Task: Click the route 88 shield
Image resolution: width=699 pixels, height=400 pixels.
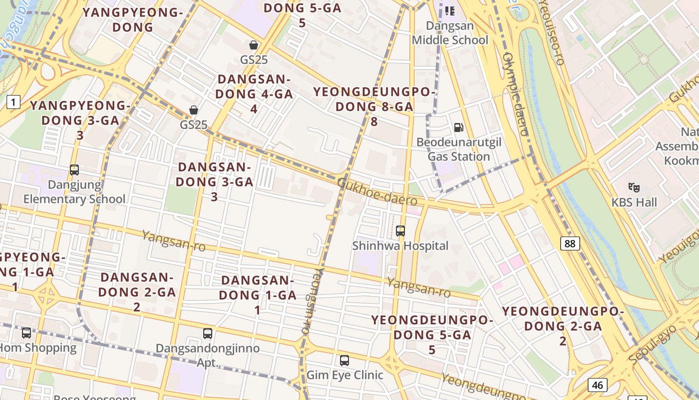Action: click(570, 243)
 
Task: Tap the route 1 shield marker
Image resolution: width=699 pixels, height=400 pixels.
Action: click(13, 102)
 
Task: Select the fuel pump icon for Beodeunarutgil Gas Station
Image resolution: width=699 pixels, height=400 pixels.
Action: click(458, 127)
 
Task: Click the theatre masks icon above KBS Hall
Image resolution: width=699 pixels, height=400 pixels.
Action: click(634, 187)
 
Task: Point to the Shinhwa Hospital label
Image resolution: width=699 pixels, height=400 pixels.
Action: click(400, 246)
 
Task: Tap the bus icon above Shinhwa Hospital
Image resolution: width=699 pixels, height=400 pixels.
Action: click(400, 230)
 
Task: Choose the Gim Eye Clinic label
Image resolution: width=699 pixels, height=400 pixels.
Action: click(345, 375)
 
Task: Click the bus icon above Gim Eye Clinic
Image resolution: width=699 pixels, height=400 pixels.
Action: click(344, 360)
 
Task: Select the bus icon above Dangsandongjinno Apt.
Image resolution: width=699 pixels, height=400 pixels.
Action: click(208, 333)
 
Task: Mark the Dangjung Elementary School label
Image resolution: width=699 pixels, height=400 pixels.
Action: click(74, 192)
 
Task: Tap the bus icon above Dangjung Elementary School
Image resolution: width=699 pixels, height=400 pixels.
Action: click(74, 170)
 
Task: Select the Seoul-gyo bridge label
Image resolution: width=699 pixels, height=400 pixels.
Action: click(652, 345)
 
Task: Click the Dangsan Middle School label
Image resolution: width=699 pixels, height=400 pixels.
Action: click(450, 32)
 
